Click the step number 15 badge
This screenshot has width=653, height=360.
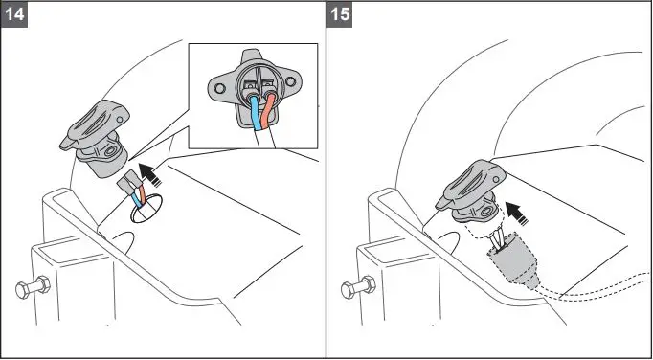click(x=339, y=16)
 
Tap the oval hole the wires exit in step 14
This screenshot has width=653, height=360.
click(x=144, y=209)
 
